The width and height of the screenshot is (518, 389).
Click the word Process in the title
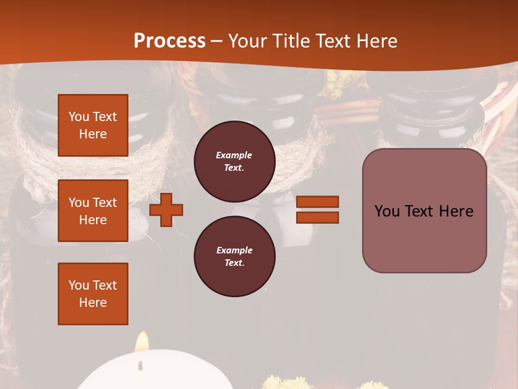click(169, 41)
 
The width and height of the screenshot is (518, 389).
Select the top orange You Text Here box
click(93, 125)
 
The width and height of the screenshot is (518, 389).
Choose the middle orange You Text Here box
click(93, 211)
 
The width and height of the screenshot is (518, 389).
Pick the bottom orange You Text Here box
click(93, 294)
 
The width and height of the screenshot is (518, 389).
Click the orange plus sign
click(166, 210)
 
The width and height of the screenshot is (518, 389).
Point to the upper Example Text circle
click(234, 161)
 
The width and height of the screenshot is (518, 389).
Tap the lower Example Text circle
click(234, 256)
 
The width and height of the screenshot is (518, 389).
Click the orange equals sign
click(317, 210)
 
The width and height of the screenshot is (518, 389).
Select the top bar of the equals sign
click(317, 202)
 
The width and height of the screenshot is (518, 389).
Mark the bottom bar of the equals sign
click(317, 217)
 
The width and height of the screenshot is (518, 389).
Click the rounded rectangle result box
click(424, 211)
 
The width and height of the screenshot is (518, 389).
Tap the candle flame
click(142, 343)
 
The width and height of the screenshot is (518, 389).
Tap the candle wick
click(141, 365)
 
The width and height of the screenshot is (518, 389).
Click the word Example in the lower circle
click(234, 250)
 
